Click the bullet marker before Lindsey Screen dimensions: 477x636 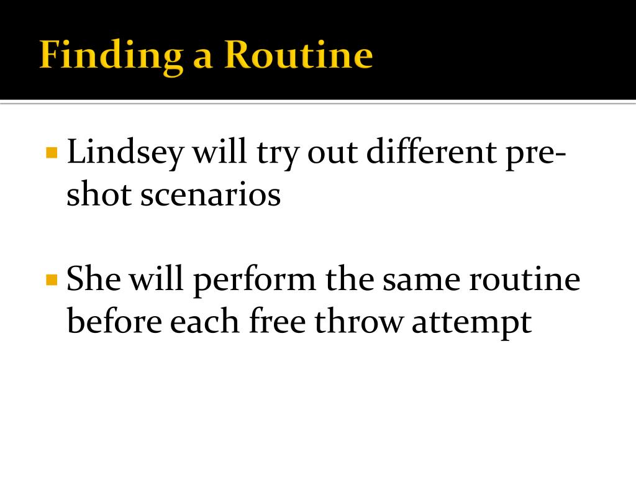pos(52,152)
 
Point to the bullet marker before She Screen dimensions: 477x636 pos(52,279)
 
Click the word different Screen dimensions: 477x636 pos(427,152)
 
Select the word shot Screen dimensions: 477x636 pos(99,195)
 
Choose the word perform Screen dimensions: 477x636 pos(254,280)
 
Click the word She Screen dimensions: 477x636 pos(94,280)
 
